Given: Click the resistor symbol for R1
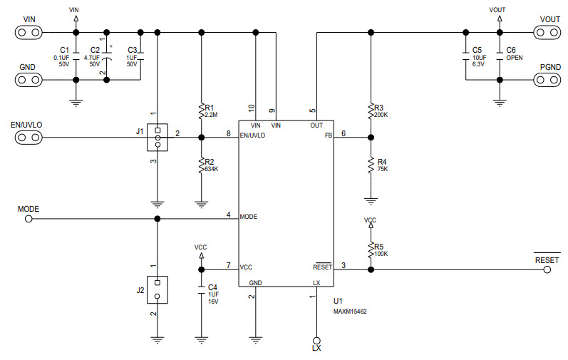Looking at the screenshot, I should pyautogui.click(x=202, y=110).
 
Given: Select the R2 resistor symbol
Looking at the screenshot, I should pyautogui.click(x=202, y=165).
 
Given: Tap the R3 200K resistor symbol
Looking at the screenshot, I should pyautogui.click(x=371, y=110).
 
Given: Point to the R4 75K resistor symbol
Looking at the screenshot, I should pyautogui.click(x=371, y=165).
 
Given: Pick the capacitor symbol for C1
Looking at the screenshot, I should pyautogui.click(x=76, y=54).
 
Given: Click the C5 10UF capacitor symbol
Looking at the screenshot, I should pyautogui.click(x=465, y=54).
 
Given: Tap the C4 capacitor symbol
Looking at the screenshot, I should pyautogui.click(x=202, y=290).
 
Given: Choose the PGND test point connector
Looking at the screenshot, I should pyautogui.click(x=549, y=79).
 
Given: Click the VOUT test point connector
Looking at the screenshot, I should pyautogui.click(x=549, y=31).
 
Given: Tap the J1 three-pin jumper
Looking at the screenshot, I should pyautogui.click(x=157, y=137).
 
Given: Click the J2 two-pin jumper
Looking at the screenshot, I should pyautogui.click(x=157, y=288).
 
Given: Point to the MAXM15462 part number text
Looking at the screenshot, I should pyautogui.click(x=350, y=312).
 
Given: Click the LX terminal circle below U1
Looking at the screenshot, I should pyautogui.click(x=316, y=340).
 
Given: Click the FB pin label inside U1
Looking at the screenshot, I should pyautogui.click(x=329, y=135).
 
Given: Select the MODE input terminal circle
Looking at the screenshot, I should pyautogui.click(x=29, y=219).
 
